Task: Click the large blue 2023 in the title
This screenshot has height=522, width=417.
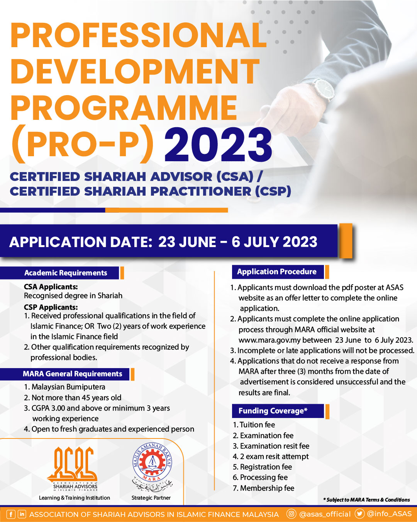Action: coord(218,145)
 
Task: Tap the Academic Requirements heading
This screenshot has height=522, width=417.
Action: coord(66,273)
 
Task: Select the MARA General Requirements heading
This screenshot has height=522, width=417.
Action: coord(72,374)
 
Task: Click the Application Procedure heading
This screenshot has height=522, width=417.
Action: coord(277,272)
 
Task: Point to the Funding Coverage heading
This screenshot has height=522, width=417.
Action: coord(273,411)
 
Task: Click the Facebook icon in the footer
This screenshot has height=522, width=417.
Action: coord(11,514)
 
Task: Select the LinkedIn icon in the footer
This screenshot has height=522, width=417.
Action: coord(22,514)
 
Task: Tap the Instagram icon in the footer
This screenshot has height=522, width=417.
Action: coord(292,514)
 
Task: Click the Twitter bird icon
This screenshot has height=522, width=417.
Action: coord(359,514)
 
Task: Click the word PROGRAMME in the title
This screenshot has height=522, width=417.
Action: coord(124,108)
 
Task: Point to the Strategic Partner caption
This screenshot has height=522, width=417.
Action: coord(151,498)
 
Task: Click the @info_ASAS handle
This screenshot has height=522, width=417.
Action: coord(389,514)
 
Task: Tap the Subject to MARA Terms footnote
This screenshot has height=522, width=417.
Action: coord(367,500)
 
